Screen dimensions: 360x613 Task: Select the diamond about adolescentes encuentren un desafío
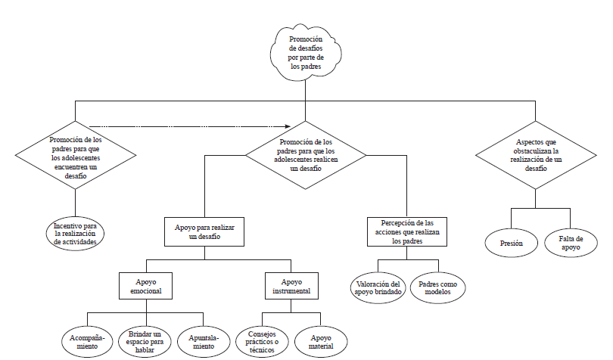tap(75, 157)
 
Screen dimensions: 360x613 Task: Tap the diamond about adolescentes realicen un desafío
tap(306, 155)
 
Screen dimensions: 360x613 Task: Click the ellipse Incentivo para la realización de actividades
tap(75, 233)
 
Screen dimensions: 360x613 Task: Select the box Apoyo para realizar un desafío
tap(204, 232)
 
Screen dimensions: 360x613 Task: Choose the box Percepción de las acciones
tap(407, 232)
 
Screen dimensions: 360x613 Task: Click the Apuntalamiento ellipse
tap(203, 340)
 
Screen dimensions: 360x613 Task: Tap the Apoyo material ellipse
tap(322, 340)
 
